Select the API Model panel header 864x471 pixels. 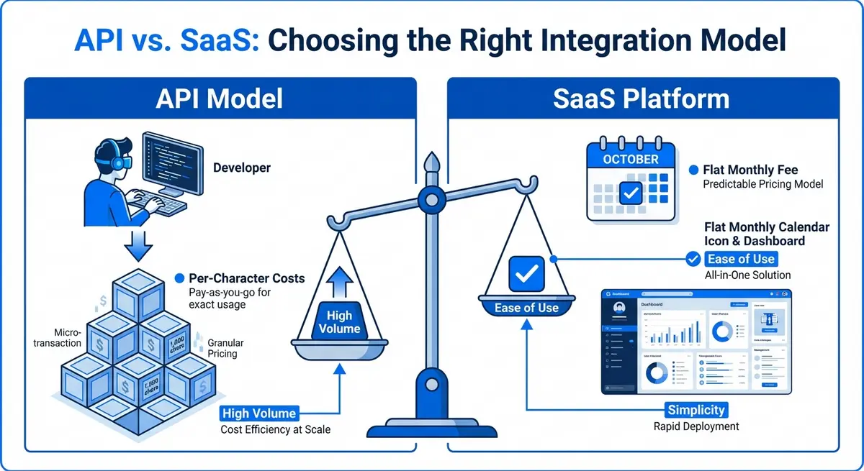click(220, 99)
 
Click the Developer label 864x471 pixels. click(242, 168)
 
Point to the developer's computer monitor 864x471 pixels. click(171, 163)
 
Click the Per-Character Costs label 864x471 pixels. click(246, 278)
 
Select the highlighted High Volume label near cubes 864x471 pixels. click(258, 413)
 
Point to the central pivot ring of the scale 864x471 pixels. click(431, 196)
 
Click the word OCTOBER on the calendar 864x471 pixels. click(630, 160)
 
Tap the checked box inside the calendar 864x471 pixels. click(631, 193)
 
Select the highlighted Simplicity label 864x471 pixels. click(696, 410)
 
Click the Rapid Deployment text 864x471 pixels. click(696, 426)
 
